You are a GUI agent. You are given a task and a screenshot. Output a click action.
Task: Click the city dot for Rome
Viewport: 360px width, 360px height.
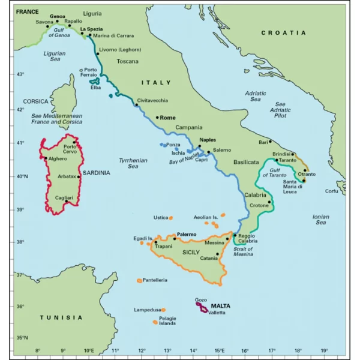point(157,118)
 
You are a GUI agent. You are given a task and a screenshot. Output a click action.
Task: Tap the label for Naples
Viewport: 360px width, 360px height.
point(207,139)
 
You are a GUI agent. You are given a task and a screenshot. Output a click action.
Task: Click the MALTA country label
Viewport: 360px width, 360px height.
point(220,305)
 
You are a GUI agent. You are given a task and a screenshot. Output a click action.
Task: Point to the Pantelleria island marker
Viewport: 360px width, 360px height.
point(140,280)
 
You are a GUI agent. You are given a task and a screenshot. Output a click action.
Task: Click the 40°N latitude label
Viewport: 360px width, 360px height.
point(22,176)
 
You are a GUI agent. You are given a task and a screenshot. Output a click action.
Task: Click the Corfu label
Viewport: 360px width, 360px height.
point(332,191)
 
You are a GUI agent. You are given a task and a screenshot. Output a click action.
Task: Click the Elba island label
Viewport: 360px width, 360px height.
point(95,88)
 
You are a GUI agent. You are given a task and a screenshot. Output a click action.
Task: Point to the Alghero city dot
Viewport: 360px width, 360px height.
point(46,158)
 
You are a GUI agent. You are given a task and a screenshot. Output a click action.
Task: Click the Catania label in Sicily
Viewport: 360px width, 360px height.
point(209,259)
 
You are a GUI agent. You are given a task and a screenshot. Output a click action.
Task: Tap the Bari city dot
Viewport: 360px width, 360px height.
point(270,142)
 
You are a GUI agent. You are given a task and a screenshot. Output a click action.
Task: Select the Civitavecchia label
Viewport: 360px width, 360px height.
point(152,100)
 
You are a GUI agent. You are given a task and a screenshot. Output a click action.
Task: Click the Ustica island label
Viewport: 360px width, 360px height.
point(160,217)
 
